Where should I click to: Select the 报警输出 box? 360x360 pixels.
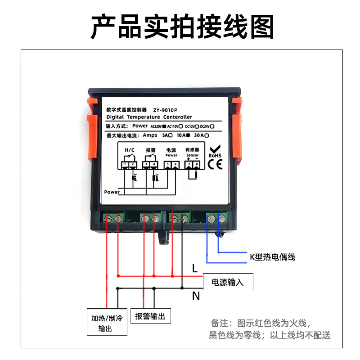tap(150, 316)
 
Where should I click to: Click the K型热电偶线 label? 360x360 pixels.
tap(272, 257)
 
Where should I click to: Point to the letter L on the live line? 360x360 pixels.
tap(194, 269)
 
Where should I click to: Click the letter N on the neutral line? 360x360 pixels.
tap(196, 296)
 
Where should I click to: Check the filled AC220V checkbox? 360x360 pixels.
tap(165, 126)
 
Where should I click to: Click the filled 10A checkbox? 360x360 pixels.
tap(188, 135)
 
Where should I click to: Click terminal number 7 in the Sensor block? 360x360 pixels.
tap(188, 165)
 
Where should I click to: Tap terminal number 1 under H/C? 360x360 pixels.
tap(125, 165)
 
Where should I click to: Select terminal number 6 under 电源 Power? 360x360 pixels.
tap(175, 165)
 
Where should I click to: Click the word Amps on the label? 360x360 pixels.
tap(150, 135)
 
